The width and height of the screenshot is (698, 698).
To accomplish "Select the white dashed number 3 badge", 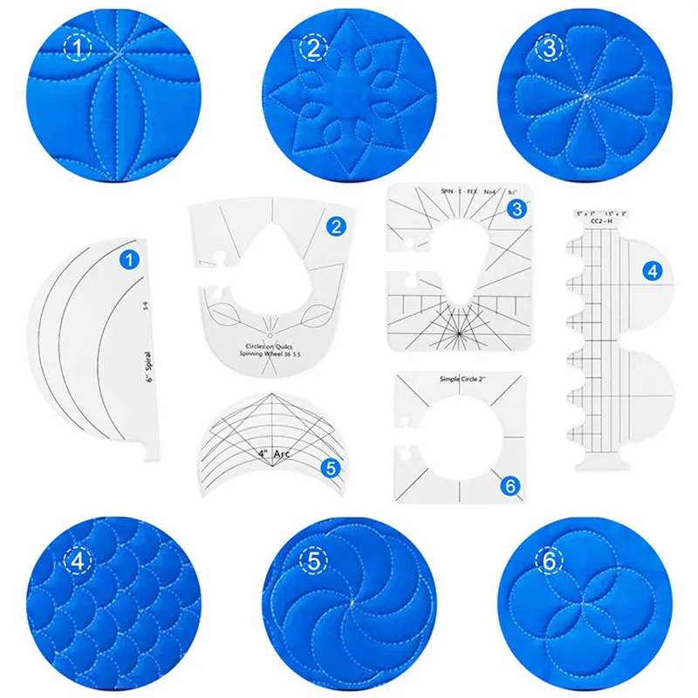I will [x=549, y=49].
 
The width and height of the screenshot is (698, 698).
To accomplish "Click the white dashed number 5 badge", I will [x=311, y=561].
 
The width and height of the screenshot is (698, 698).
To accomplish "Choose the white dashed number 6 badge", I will [x=549, y=563].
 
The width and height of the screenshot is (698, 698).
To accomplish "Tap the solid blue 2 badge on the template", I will [x=336, y=227].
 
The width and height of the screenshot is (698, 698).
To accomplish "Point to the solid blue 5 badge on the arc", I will [x=329, y=468].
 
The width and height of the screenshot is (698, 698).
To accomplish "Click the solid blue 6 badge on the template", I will [x=506, y=483].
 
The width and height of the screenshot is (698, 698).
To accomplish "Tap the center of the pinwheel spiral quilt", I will [x=350, y=601].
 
